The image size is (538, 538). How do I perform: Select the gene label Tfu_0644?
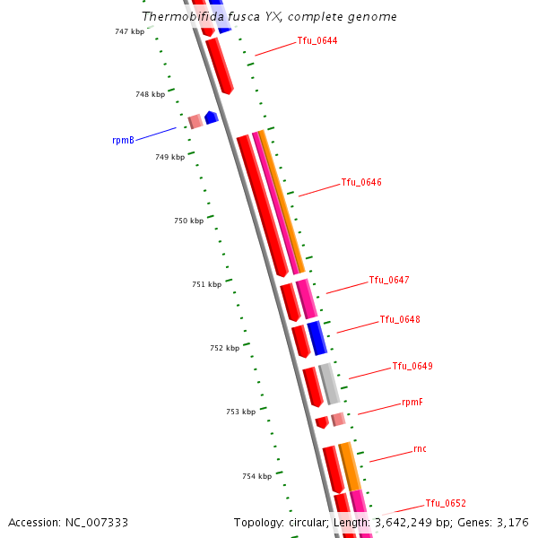[317, 41]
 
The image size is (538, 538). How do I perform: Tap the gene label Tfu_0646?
[361, 183]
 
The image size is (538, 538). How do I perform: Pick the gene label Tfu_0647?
[389, 281]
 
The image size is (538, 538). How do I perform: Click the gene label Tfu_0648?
[400, 320]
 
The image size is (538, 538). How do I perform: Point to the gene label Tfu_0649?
[412, 367]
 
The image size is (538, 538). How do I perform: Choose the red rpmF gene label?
[412, 403]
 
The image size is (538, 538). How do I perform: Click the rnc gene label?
[420, 449]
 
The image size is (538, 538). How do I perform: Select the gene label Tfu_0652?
[446, 504]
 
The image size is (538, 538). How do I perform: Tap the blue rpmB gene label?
[123, 141]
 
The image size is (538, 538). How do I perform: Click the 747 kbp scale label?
[129, 31]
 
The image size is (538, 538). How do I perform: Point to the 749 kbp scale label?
[169, 158]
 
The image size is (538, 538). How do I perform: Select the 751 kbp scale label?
[206, 285]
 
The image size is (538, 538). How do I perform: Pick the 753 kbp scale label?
[240, 412]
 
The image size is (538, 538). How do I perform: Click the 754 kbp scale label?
[256, 477]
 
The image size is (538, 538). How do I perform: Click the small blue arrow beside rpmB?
[212, 117]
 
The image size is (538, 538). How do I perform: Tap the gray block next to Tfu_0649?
[329, 384]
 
